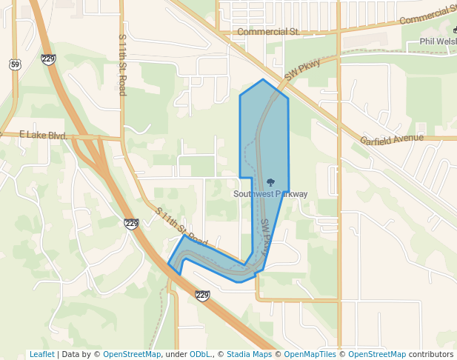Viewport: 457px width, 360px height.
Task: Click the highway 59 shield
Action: (15, 65)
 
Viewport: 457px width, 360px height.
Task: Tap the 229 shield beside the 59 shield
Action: (49, 59)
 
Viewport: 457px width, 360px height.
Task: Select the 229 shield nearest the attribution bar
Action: (202, 295)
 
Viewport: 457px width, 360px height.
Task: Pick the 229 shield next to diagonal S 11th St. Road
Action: (132, 223)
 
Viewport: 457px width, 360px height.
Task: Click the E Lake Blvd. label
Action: (43, 136)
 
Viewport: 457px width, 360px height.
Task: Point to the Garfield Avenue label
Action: (392, 139)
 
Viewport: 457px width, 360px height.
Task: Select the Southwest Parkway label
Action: (270, 194)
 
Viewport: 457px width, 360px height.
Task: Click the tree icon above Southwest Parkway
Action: (270, 182)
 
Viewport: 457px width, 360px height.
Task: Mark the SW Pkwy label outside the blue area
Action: (302, 70)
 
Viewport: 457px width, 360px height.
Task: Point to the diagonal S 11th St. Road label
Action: (181, 227)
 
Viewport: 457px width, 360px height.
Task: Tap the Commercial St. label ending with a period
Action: (268, 32)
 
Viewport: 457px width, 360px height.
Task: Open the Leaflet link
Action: (42, 354)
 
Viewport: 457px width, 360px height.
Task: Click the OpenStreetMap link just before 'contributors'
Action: (377, 354)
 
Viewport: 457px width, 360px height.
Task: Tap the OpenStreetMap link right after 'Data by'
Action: (132, 354)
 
